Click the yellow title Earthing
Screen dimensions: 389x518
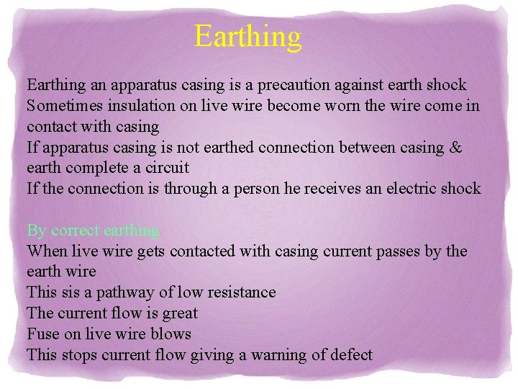coord(248,36)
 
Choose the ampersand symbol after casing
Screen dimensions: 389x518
coord(455,148)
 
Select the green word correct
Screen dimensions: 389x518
coord(76,231)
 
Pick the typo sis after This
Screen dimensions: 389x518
coord(65,292)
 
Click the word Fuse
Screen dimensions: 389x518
coord(42,334)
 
